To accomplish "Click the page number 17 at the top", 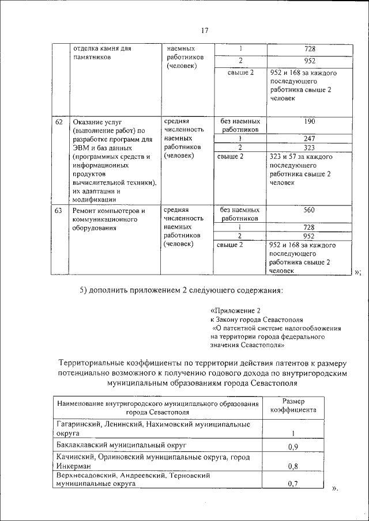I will pos(204,31).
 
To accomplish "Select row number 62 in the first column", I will pos(59,123).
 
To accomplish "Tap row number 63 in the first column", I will pos(59,211).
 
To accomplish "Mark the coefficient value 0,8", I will pos(292,467).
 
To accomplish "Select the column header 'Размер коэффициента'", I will pos(293,406).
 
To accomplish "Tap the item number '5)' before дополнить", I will pos(84,290).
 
